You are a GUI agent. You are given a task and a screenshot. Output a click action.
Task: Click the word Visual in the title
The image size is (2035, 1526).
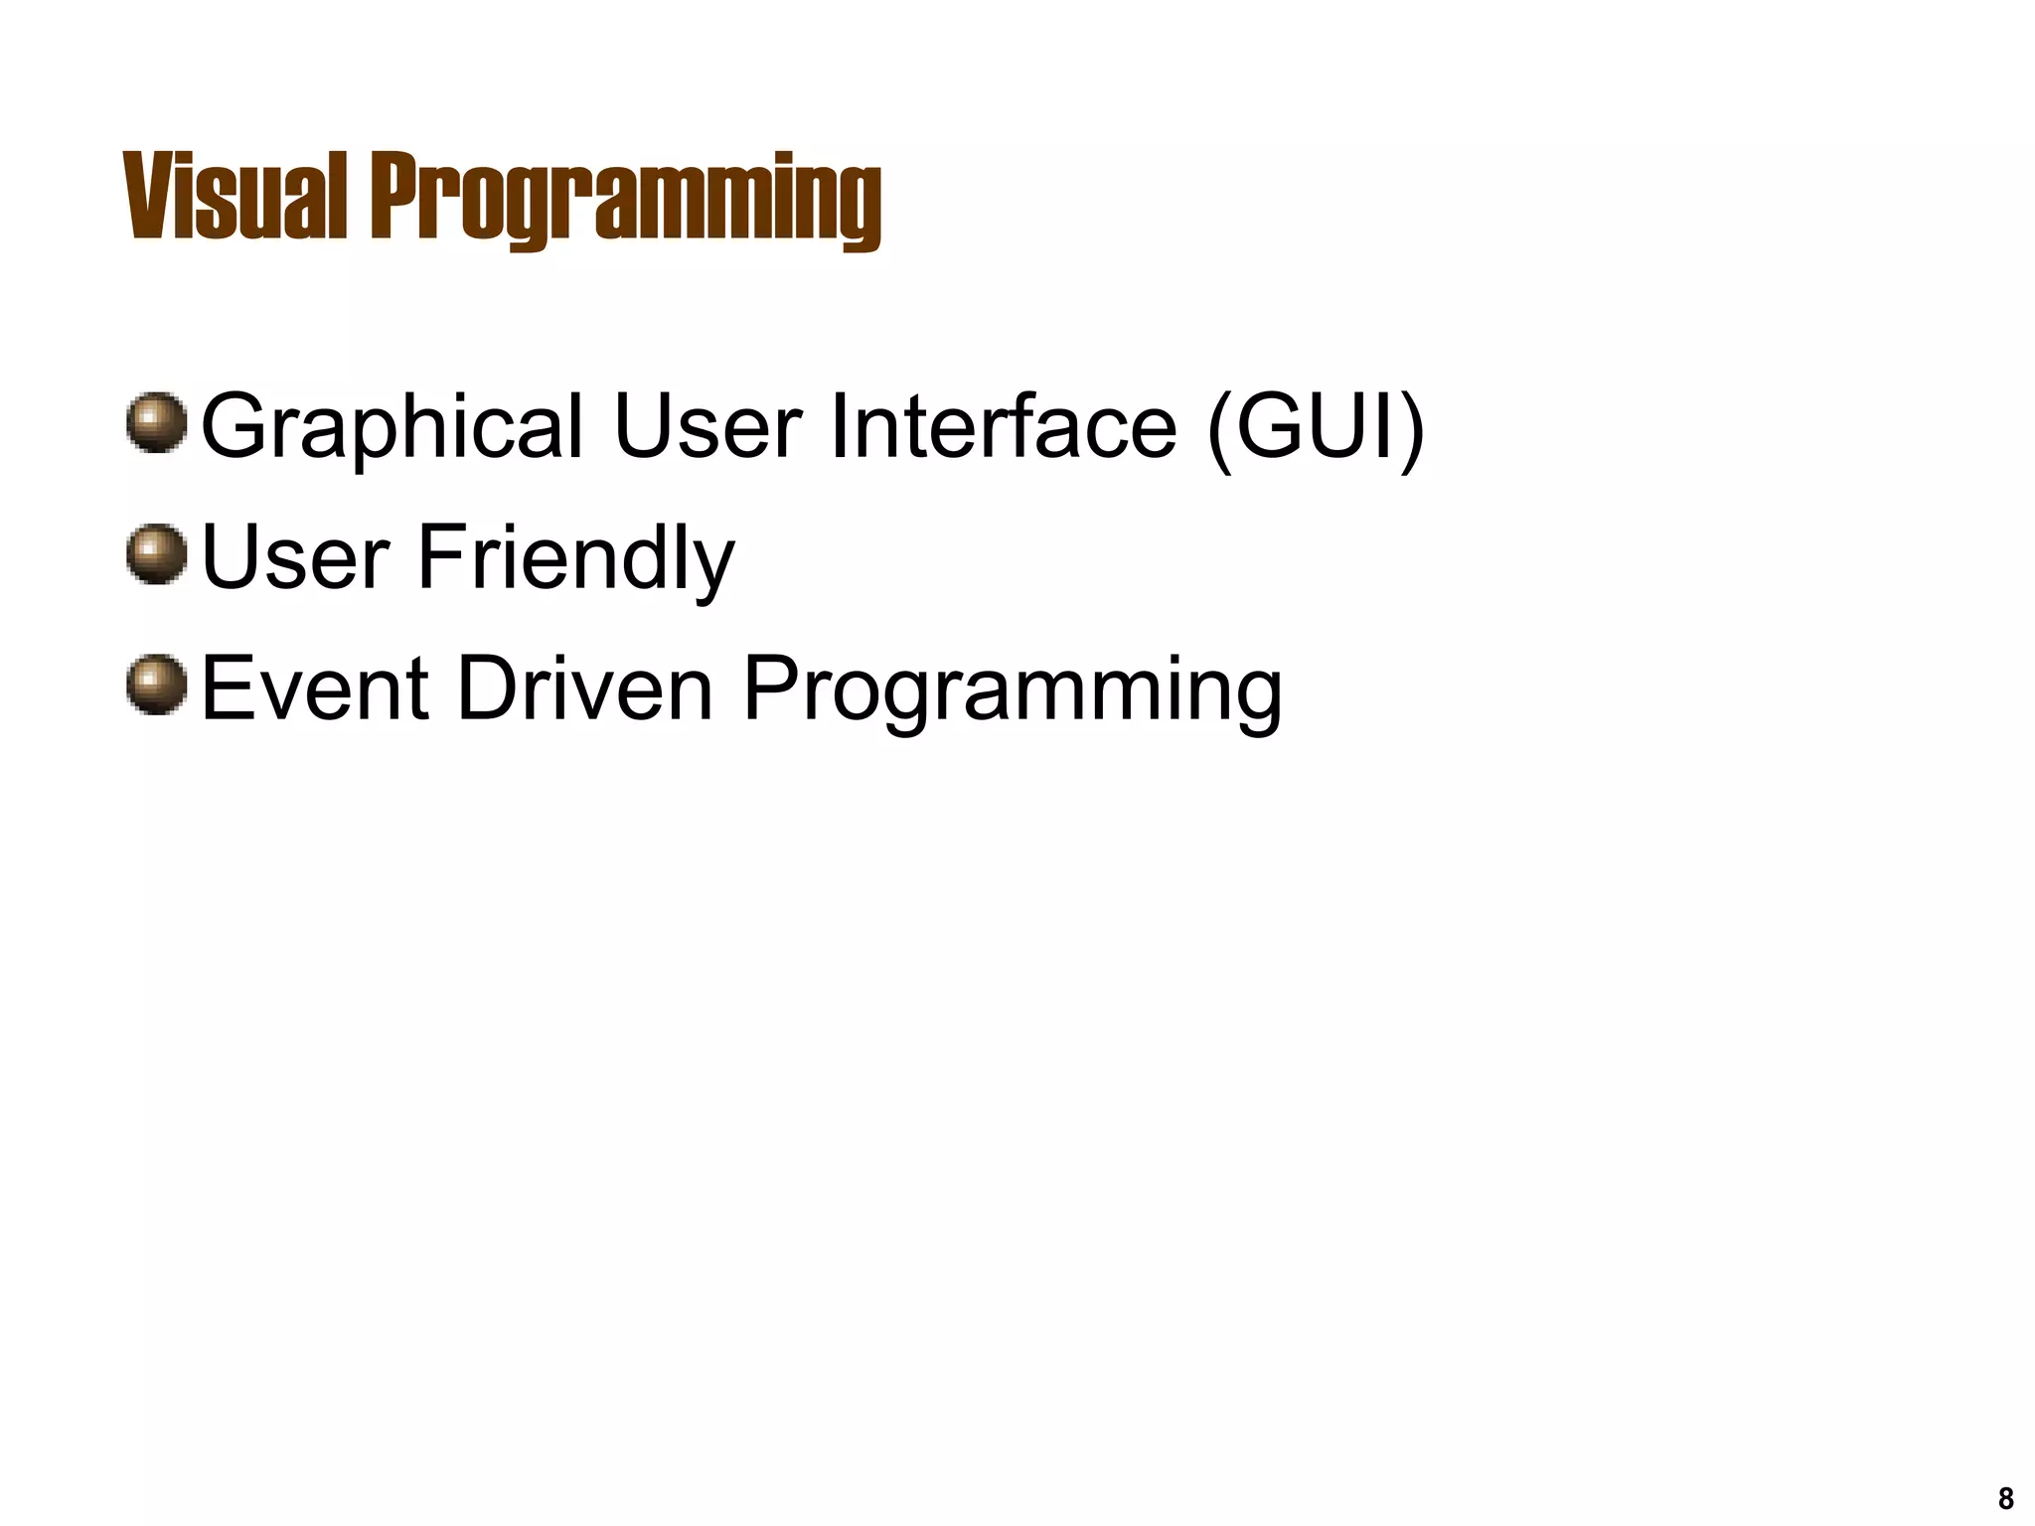point(235,197)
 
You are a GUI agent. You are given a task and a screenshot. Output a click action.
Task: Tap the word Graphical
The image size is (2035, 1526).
point(391,428)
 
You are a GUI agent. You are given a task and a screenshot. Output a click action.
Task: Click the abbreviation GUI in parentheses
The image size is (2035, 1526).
point(1315,426)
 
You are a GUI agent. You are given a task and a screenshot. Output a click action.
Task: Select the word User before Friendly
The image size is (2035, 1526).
point(294,557)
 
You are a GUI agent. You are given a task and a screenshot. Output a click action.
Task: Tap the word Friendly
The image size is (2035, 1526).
point(575,559)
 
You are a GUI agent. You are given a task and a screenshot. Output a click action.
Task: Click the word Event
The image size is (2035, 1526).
point(315,688)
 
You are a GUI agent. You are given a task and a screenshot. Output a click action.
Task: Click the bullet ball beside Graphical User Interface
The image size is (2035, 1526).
point(157,422)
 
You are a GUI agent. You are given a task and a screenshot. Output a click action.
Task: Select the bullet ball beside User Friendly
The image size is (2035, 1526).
point(157,553)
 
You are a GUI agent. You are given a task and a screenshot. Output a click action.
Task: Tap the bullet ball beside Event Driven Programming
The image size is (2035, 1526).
point(157,685)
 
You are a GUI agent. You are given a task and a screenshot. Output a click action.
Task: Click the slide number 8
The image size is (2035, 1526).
point(2005,1497)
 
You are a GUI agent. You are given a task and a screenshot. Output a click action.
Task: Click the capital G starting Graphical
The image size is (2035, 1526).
point(236,426)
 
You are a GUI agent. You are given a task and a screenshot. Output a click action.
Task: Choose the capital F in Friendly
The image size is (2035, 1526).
point(438,557)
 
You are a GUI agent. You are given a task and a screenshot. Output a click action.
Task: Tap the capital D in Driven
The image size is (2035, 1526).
point(484,688)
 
